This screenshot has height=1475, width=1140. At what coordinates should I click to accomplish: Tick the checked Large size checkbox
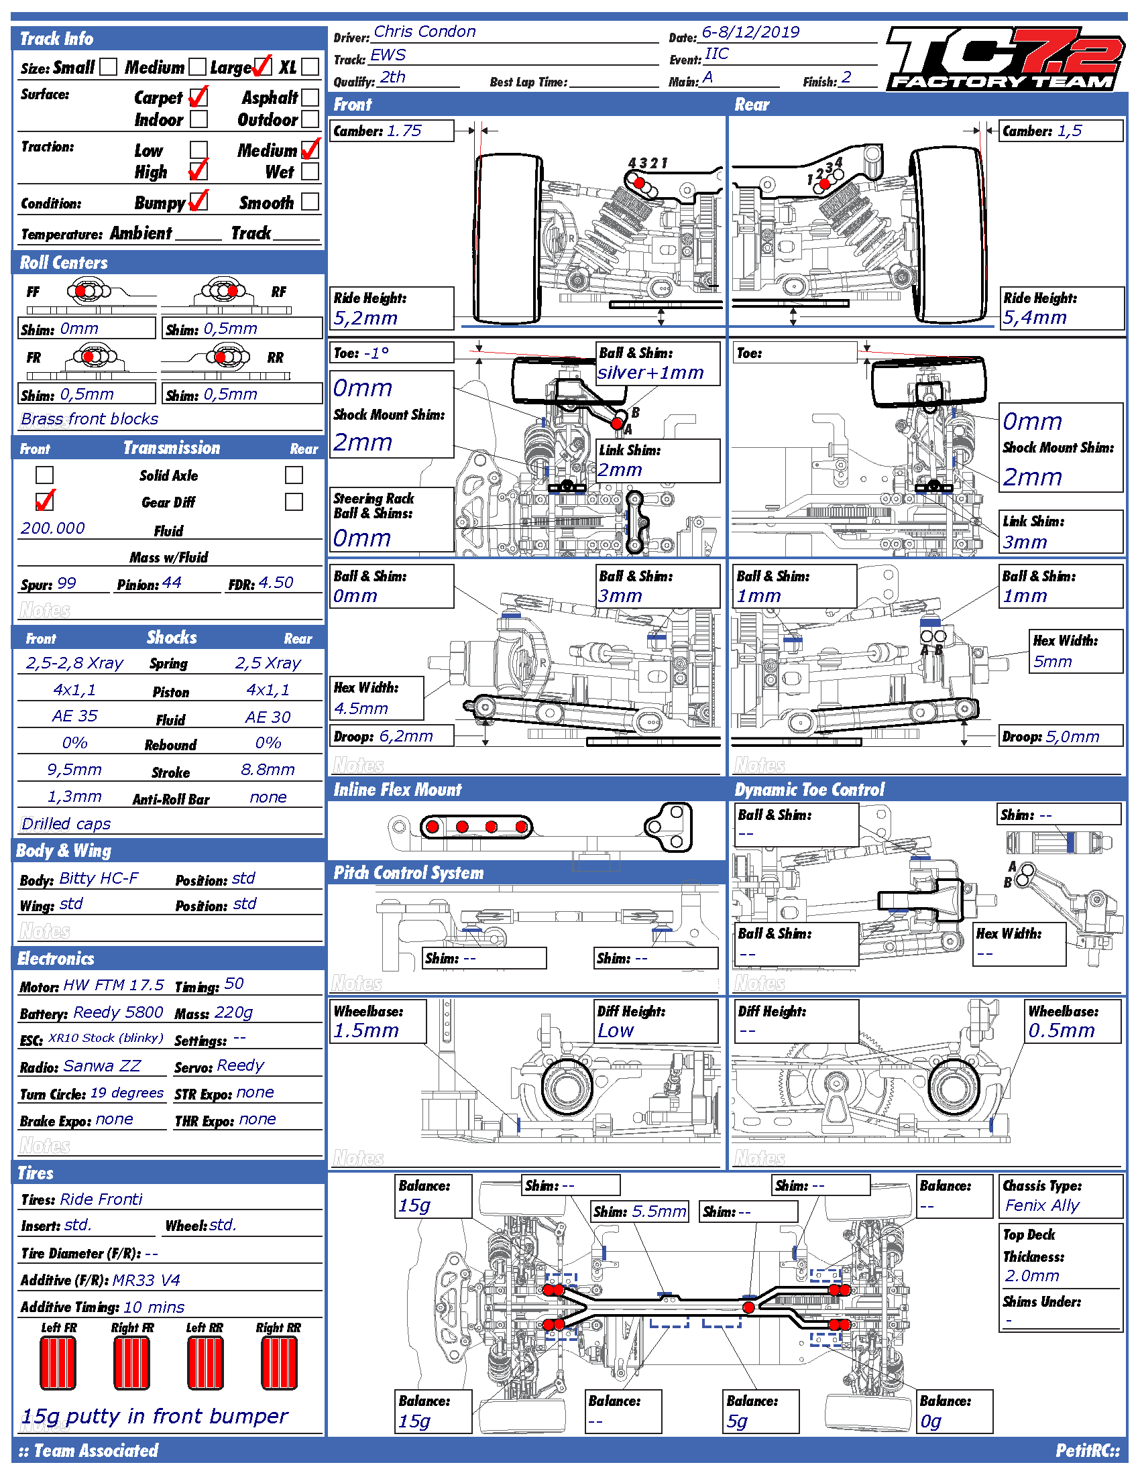coord(263,66)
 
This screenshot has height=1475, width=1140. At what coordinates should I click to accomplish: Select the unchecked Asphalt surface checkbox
coord(310,97)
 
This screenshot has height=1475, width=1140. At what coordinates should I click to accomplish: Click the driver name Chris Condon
coord(424,32)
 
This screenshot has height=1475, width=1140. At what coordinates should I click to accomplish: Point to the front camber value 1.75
coord(404,130)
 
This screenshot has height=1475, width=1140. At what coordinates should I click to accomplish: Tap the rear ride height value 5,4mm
coord(1034,317)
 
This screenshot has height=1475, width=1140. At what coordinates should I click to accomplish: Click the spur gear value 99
coord(67,583)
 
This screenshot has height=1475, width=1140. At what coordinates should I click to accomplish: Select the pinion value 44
coord(172,582)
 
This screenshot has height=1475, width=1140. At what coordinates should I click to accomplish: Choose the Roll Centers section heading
coord(64,263)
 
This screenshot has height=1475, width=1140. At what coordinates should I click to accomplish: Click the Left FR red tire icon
coord(58,1363)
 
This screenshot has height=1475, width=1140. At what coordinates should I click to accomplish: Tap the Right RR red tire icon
coord(279,1363)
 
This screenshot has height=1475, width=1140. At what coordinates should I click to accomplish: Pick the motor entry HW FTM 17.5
coord(113,985)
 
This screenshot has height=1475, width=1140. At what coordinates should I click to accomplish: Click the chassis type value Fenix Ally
coord(1042,1205)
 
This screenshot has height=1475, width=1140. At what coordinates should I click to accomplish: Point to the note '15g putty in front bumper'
coord(155,1415)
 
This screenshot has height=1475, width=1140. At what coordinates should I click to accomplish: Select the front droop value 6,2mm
coord(406,736)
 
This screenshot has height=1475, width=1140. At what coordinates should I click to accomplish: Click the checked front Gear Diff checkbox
coord(44,501)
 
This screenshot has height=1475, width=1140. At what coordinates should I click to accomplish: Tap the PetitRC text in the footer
coord(1088,1451)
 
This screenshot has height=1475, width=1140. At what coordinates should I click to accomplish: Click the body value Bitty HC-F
coord(99,878)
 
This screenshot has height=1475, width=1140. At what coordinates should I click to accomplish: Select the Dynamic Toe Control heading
coord(809,790)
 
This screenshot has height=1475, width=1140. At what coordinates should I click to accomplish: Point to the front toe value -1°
coord(376,353)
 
